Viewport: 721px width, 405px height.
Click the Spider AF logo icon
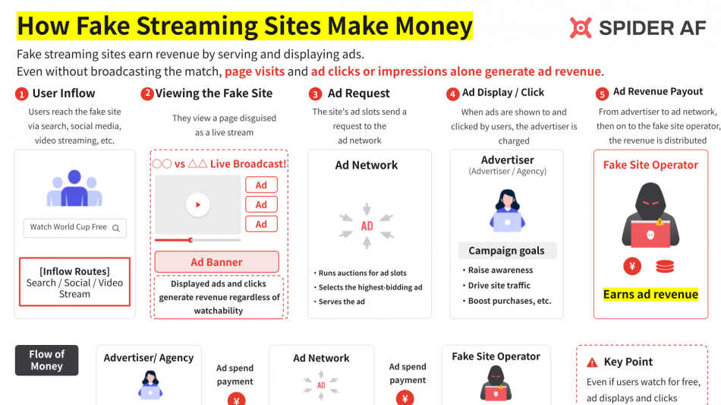(581, 27)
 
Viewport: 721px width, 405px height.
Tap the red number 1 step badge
(21, 94)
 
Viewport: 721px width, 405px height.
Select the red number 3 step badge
(315, 94)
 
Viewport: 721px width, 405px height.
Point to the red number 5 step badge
(602, 94)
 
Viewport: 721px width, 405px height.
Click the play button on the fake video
(198, 205)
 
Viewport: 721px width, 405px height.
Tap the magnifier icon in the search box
(116, 228)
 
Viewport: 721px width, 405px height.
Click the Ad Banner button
(216, 262)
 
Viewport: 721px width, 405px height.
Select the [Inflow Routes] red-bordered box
(74, 282)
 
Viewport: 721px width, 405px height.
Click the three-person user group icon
(74, 188)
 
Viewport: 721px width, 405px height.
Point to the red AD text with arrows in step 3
(367, 226)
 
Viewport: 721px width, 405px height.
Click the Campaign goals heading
(507, 250)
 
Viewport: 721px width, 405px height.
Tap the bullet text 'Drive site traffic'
(499, 286)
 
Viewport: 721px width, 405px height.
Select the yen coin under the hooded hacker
(632, 266)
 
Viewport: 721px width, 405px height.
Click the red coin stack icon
(665, 266)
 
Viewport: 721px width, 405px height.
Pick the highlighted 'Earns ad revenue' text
(650, 294)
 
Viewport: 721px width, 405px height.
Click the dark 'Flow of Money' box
(46, 360)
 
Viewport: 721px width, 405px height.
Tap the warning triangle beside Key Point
(592, 362)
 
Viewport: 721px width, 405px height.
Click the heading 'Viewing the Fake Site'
(214, 93)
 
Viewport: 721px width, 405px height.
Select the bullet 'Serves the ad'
(342, 302)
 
